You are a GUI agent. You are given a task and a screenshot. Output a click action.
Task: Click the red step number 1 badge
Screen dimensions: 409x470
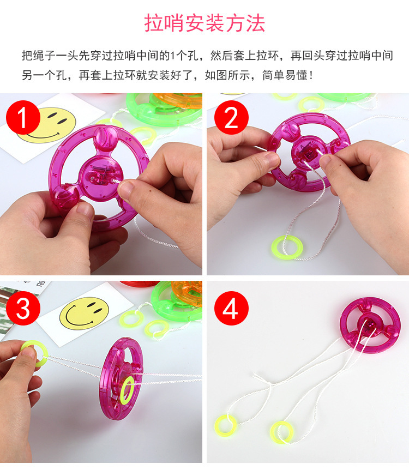click(23, 118)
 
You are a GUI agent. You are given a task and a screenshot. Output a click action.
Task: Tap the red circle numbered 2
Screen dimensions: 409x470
click(231, 118)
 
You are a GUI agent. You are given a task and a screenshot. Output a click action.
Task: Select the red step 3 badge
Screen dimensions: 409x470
click(23, 308)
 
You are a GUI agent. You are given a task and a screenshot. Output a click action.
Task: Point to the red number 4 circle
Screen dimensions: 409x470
click(231, 308)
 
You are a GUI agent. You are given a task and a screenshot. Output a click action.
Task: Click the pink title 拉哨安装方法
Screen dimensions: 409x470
click(205, 23)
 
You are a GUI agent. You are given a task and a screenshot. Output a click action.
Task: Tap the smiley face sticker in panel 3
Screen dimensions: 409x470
click(84, 313)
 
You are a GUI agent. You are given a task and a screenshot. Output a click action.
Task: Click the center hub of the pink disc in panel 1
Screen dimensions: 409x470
click(101, 176)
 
